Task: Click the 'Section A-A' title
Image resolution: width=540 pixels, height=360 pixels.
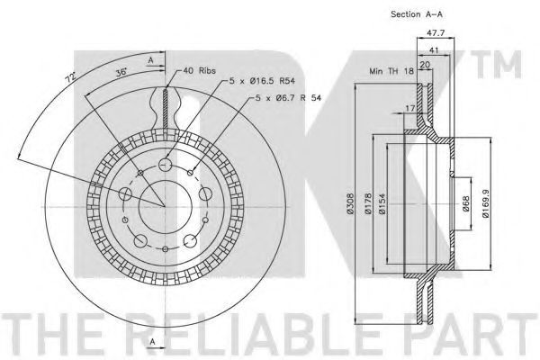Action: (417, 14)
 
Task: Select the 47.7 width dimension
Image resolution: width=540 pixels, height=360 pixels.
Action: (436, 33)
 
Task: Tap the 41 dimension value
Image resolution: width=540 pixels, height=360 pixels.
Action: (434, 50)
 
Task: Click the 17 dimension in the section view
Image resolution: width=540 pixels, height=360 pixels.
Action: (409, 108)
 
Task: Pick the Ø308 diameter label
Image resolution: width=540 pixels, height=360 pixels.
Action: (350, 203)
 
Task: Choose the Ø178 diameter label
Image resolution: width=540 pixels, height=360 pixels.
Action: (368, 203)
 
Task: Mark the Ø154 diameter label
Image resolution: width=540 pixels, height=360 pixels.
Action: (382, 203)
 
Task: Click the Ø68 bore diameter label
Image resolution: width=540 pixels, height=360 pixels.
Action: (465, 203)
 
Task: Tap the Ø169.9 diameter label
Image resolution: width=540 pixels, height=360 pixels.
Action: (486, 203)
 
